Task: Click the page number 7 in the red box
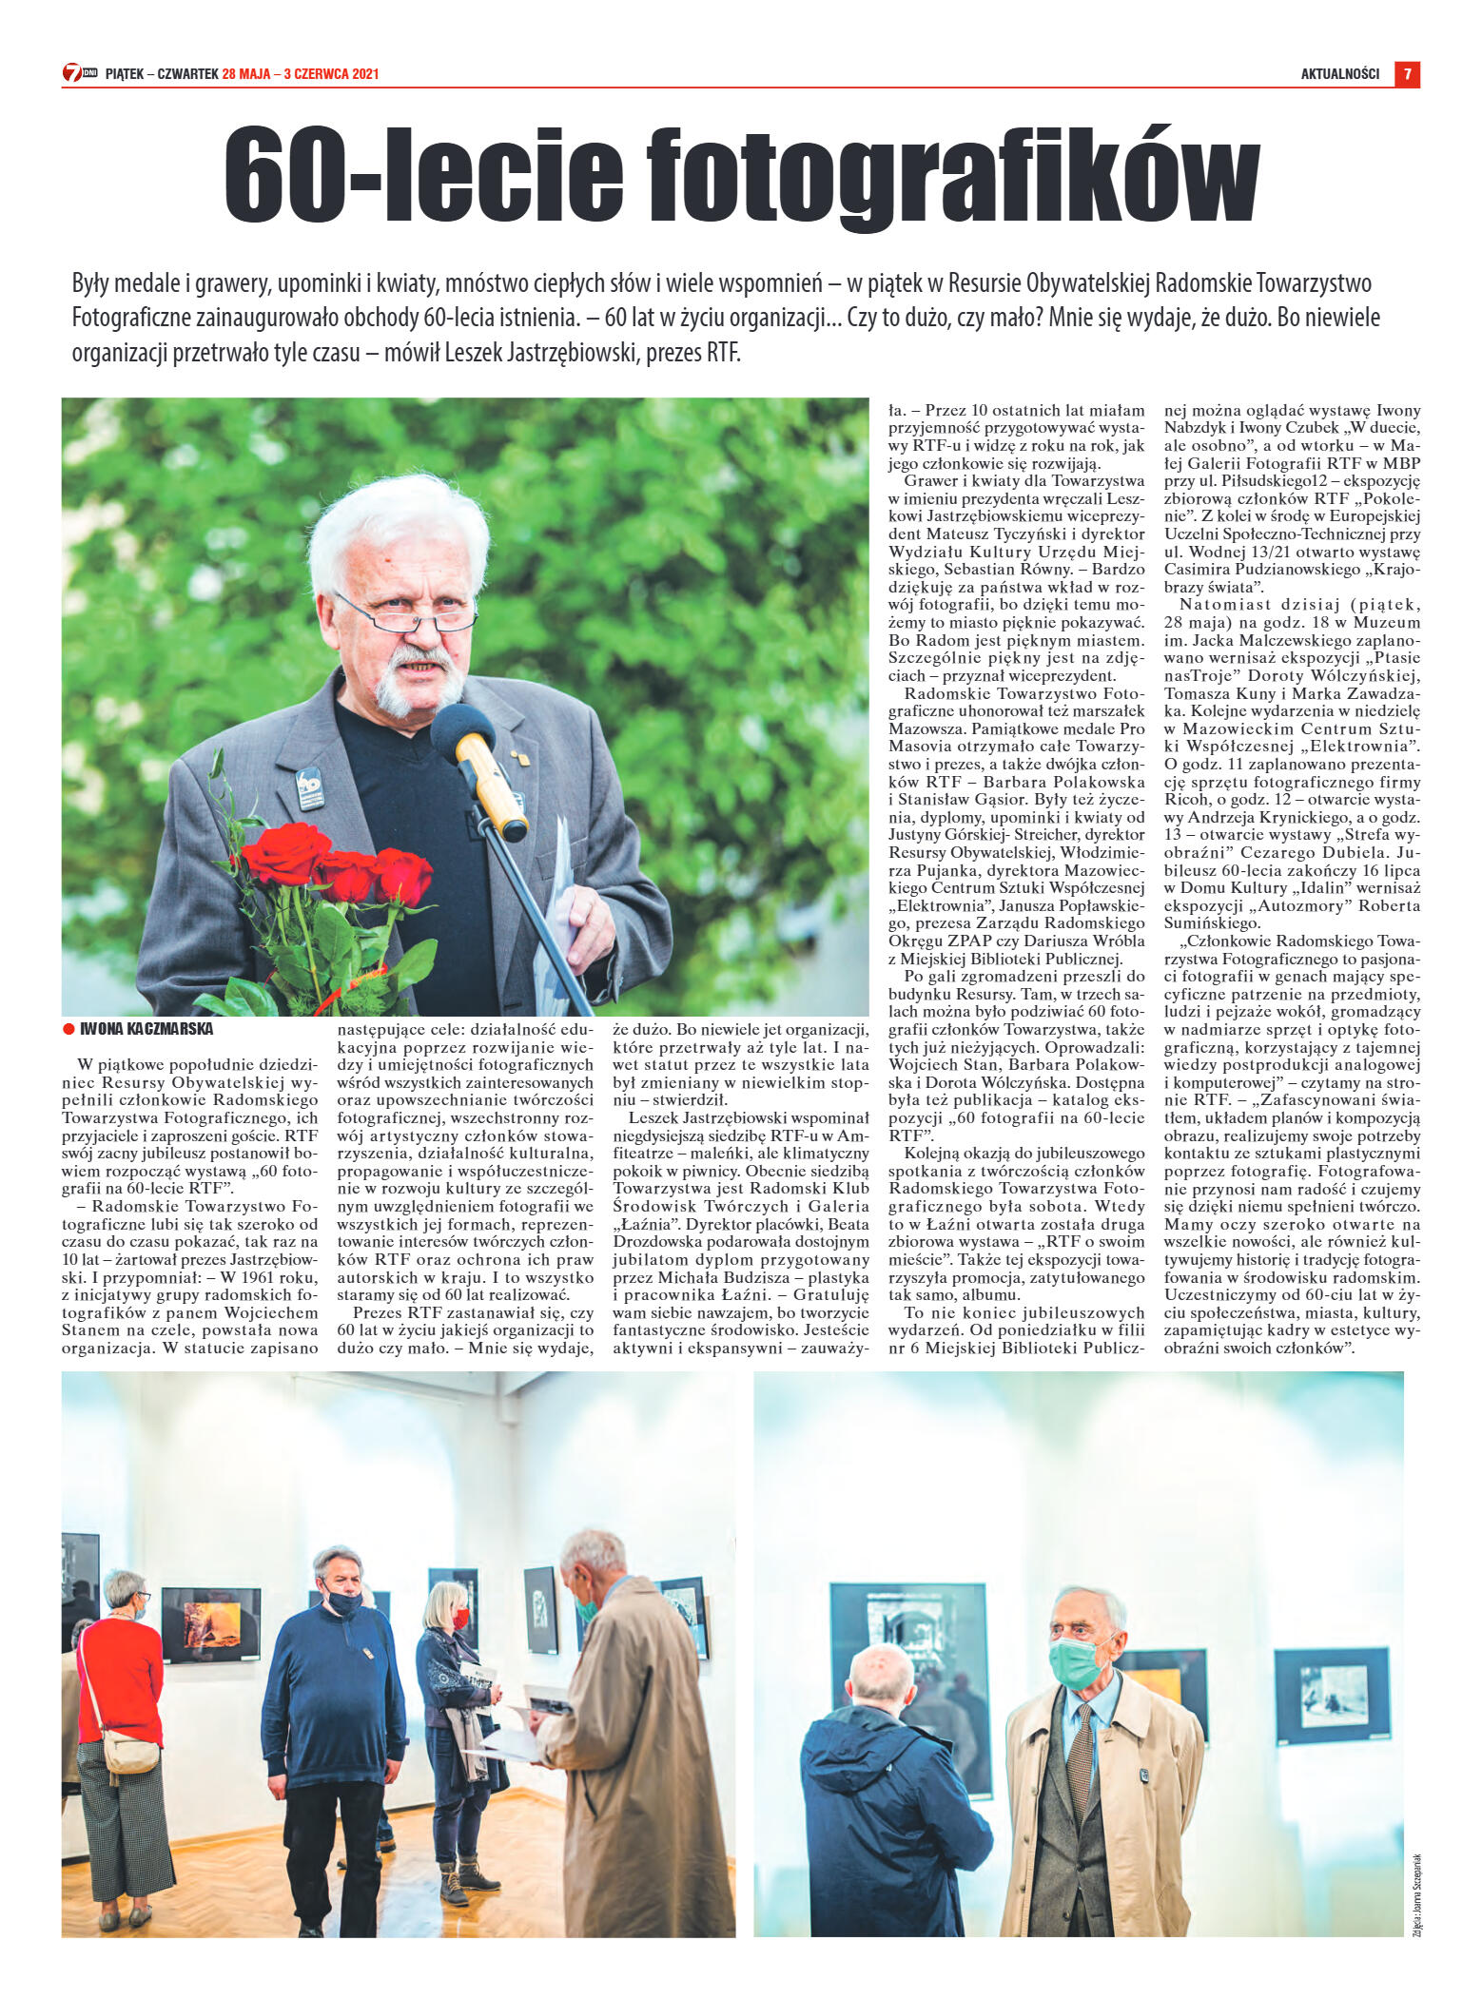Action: pyautogui.click(x=1407, y=74)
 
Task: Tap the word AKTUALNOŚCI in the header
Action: pyautogui.click(x=1339, y=74)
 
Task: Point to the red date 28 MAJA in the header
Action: pyautogui.click(x=246, y=74)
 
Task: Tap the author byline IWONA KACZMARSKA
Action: pyautogui.click(x=146, y=1029)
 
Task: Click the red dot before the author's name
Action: pyautogui.click(x=68, y=1029)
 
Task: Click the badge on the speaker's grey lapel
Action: pyautogui.click(x=309, y=786)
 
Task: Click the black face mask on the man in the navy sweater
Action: pyautogui.click(x=343, y=1604)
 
